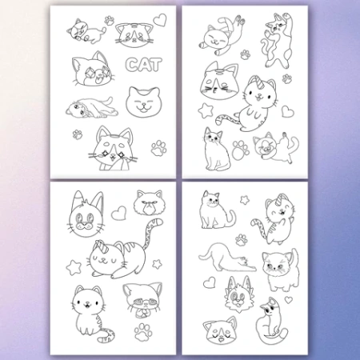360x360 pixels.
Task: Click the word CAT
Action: point(144,65)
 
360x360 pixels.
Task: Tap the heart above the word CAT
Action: point(160,20)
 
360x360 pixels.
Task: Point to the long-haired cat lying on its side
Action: point(92,109)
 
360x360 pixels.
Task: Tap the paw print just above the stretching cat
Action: point(241,239)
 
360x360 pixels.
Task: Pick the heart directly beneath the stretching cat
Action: point(210,282)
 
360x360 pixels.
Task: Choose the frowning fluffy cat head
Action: point(149,202)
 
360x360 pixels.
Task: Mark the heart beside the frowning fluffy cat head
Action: point(118,213)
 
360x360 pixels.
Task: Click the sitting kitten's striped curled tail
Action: point(106,334)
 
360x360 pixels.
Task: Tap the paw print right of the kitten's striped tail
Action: point(143,331)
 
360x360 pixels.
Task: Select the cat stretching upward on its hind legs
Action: point(278,40)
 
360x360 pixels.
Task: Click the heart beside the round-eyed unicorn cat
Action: point(288,111)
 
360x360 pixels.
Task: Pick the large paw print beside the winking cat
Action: point(241,150)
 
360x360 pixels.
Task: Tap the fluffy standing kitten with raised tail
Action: point(280,270)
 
